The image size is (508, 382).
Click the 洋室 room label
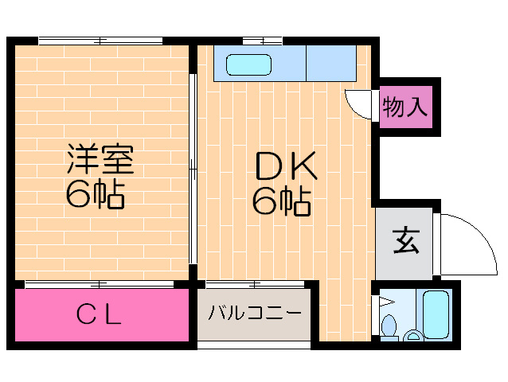[99, 159]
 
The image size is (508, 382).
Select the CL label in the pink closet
[99, 315]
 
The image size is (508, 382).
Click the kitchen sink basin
[248, 64]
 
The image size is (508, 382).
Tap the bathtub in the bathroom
[436, 314]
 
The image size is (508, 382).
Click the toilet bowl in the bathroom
[389, 326]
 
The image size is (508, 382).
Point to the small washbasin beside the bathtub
[414, 336]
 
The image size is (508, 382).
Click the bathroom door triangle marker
[385, 302]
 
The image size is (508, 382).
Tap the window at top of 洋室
[101, 41]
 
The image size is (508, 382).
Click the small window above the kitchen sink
[262, 41]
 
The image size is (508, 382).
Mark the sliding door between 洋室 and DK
[193, 169]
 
